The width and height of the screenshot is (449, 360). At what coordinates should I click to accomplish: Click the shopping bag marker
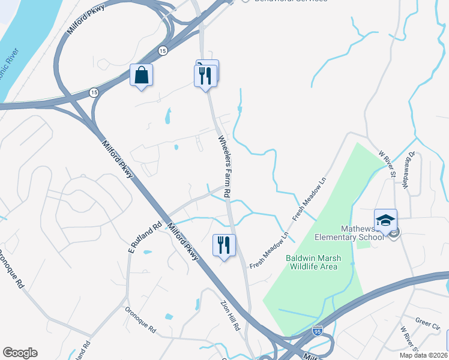[141, 76]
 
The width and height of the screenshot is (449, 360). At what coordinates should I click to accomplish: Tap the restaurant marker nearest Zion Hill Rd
[224, 245]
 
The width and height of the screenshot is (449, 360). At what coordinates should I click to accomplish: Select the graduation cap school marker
[385, 220]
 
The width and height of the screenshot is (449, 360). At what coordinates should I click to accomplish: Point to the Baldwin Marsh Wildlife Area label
[313, 262]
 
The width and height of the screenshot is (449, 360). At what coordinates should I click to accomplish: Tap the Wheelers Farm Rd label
[224, 167]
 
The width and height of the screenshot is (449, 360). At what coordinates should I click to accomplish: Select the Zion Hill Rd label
[231, 316]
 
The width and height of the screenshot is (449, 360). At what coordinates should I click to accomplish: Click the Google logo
[20, 353]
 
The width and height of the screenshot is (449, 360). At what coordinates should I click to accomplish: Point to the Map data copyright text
[423, 355]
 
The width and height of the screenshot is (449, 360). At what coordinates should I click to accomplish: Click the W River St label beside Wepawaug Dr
[388, 163]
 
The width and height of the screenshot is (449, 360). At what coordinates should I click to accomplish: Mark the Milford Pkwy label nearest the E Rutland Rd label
[183, 242]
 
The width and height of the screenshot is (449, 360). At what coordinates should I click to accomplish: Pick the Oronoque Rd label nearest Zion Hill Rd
[140, 320]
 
